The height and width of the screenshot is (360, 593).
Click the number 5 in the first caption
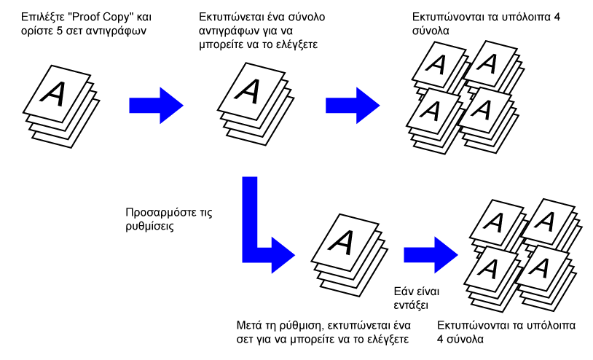(57, 31)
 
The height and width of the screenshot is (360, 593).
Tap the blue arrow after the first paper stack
(154, 104)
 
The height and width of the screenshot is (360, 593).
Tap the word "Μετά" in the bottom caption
(249, 324)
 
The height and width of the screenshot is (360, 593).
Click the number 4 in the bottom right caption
(441, 339)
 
